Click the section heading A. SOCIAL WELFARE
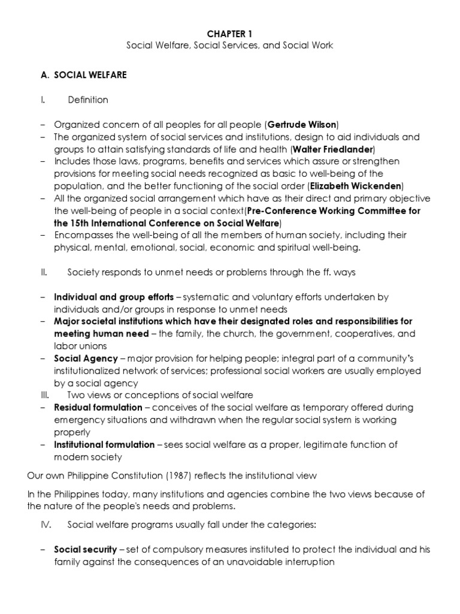[x=84, y=75]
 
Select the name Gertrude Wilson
[x=302, y=125]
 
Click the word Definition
[x=88, y=100]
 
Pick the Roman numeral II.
[x=43, y=272]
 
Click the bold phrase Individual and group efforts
[x=114, y=297]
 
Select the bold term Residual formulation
[x=98, y=408]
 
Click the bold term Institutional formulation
[x=105, y=444]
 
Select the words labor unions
[x=80, y=346]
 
